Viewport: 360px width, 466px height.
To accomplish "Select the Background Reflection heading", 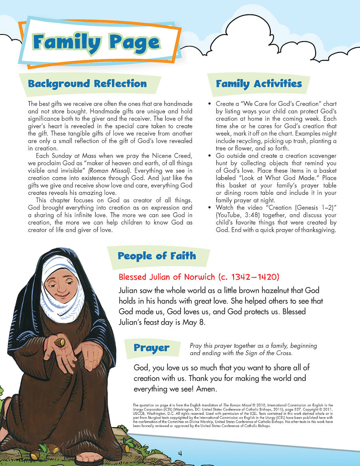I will click(87, 84).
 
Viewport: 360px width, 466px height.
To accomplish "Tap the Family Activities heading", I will click(259, 84).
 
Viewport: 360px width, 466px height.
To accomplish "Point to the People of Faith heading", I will click(157, 256).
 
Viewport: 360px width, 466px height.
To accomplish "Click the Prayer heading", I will click(152, 348).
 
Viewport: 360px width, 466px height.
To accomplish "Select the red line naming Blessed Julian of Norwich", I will click(199, 277).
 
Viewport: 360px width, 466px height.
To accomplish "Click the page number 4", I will click(180, 453).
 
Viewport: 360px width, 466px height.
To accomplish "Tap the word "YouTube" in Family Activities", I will click(230, 215).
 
